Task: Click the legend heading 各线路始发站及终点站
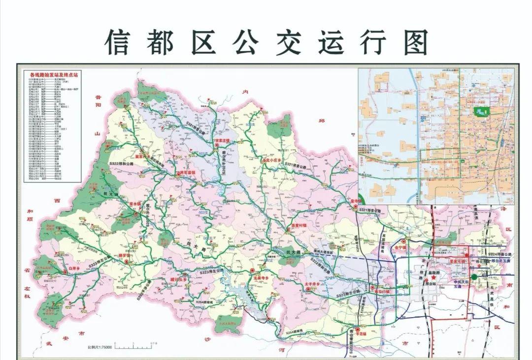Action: (x=54, y=74)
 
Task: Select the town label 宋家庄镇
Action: (x=222, y=141)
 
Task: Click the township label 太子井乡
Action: (x=314, y=284)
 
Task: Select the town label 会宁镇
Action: (x=399, y=248)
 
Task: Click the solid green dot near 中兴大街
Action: (x=474, y=277)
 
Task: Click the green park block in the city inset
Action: (x=480, y=112)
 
